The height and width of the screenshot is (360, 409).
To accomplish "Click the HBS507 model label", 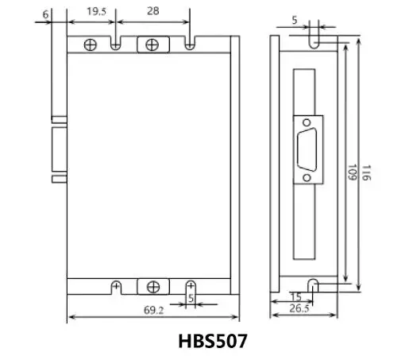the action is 213,341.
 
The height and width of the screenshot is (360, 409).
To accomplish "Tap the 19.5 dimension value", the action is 97,11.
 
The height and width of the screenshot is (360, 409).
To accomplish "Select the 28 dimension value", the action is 153,11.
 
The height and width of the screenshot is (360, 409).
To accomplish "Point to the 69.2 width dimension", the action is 153,310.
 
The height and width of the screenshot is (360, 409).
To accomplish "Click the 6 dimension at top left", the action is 45,14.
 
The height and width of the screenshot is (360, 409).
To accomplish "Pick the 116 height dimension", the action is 366,172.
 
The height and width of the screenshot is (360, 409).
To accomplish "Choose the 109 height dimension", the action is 352,172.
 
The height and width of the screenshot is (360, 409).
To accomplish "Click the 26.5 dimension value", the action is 299,308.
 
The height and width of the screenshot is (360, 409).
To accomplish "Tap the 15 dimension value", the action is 295,296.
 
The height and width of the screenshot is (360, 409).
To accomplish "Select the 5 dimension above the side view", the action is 295,21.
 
